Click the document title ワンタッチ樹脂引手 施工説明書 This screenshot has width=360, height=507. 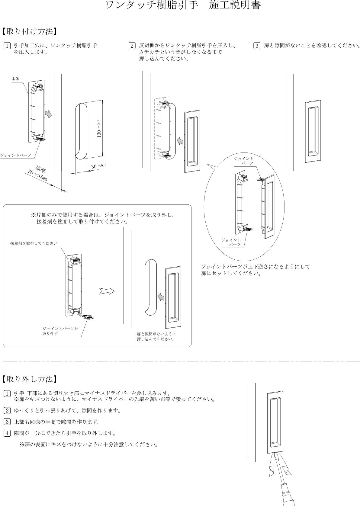click(x=183, y=6)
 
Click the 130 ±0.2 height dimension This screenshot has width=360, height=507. click(x=99, y=129)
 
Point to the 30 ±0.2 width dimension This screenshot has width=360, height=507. click(x=99, y=166)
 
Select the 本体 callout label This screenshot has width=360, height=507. click(x=15, y=79)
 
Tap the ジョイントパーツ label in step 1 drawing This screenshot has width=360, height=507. click(x=15, y=155)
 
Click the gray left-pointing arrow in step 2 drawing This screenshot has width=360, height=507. click(x=180, y=140)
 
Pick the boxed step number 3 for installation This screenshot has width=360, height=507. click(x=256, y=46)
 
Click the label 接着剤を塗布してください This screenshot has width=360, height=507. click(x=34, y=243)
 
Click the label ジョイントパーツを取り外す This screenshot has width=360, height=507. click(x=60, y=331)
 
